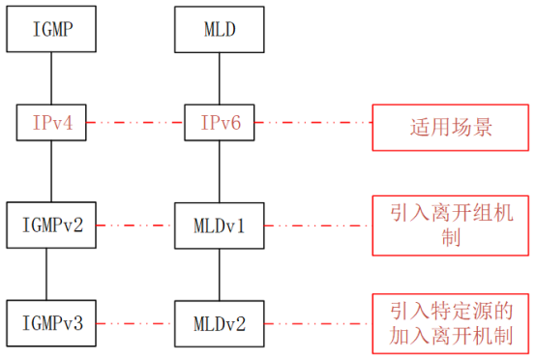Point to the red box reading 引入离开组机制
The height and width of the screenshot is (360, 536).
(x=451, y=225)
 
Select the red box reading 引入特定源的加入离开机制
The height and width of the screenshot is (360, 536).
(x=451, y=323)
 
